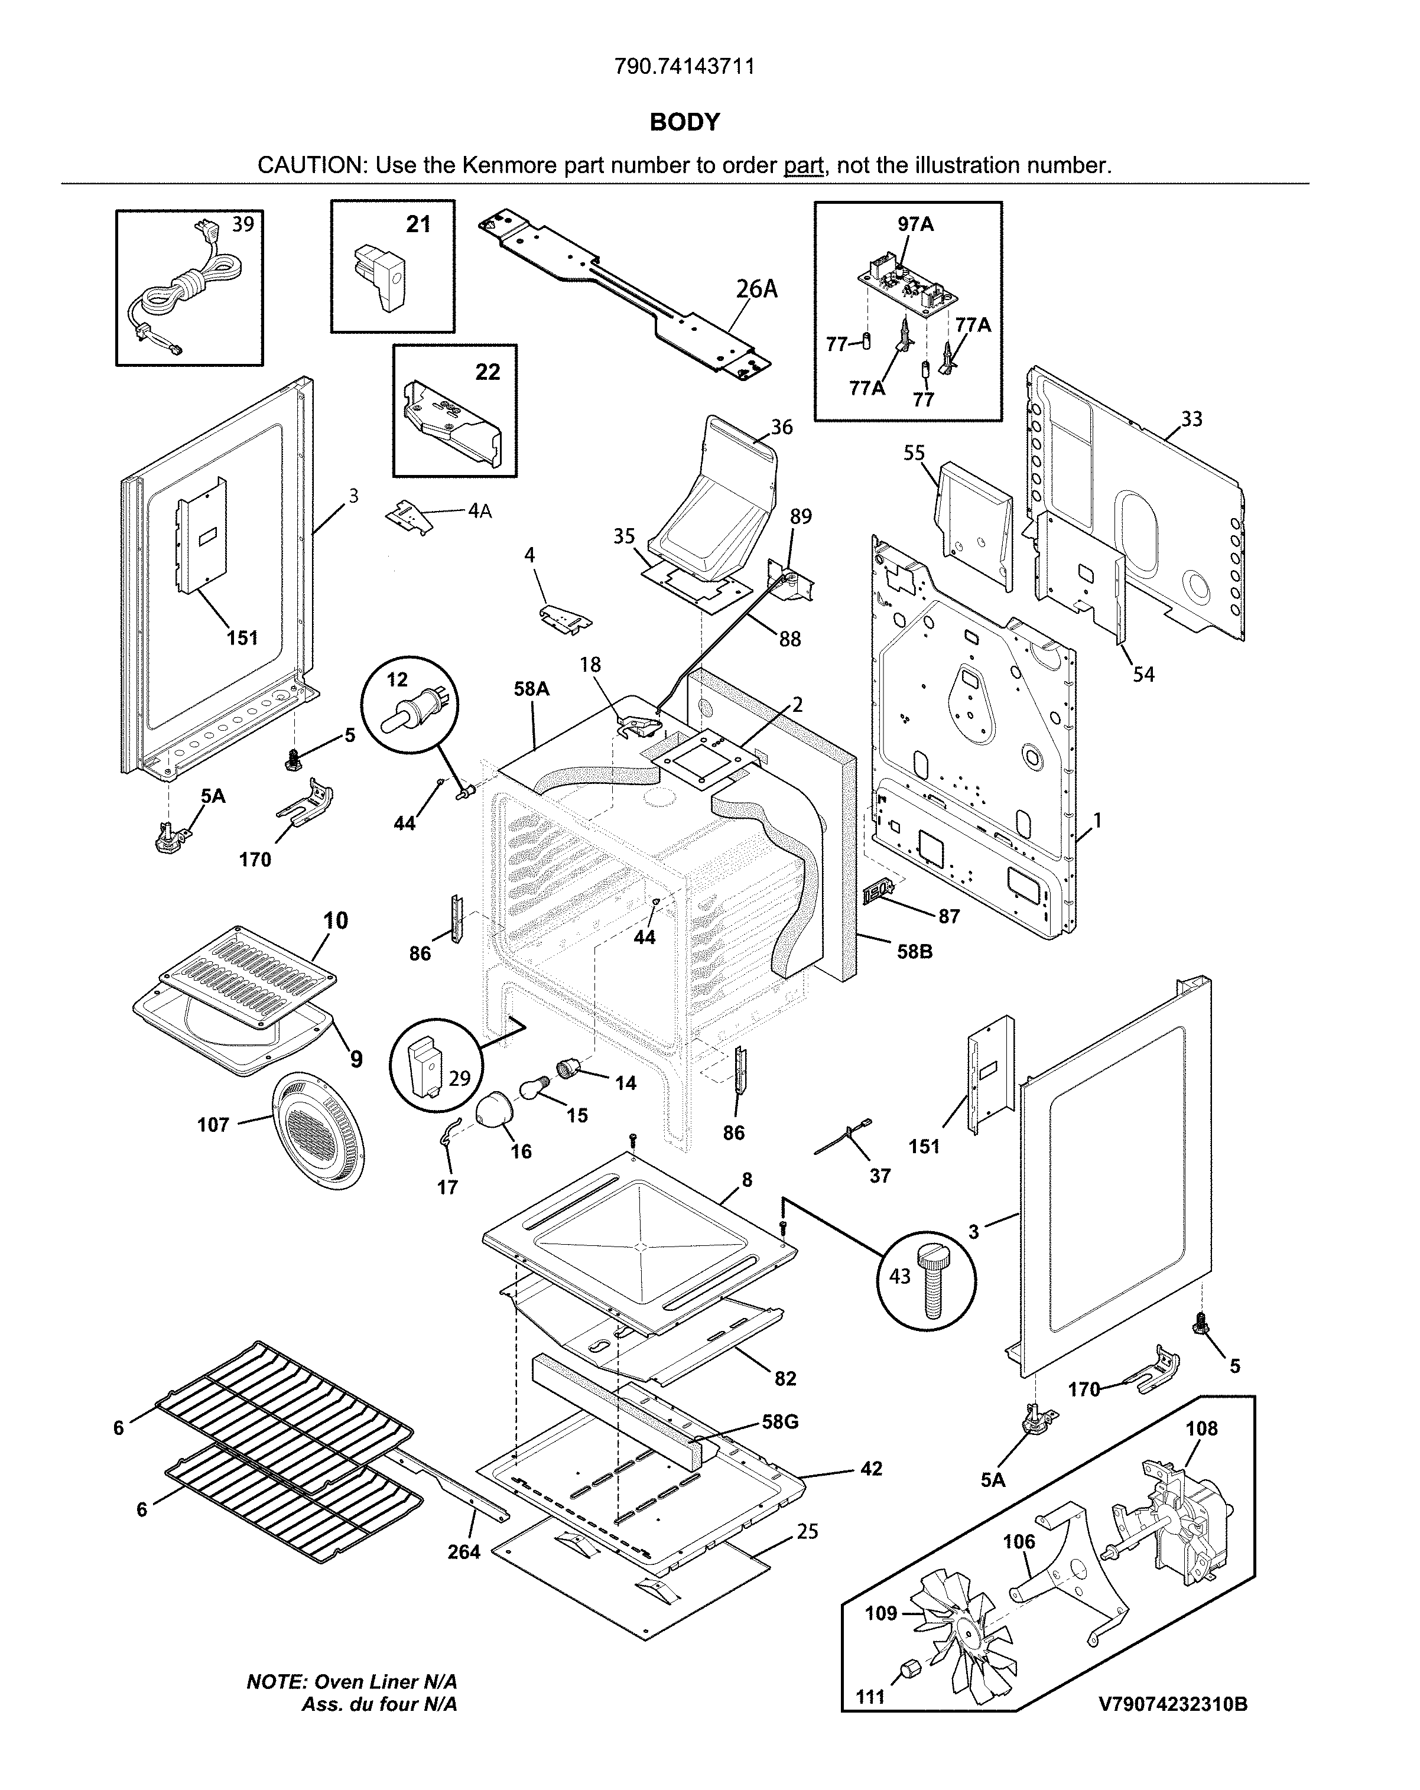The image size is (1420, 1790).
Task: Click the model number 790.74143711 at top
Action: click(x=684, y=66)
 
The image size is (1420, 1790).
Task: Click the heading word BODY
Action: click(x=684, y=122)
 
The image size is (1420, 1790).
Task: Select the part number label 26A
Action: click(x=756, y=289)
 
